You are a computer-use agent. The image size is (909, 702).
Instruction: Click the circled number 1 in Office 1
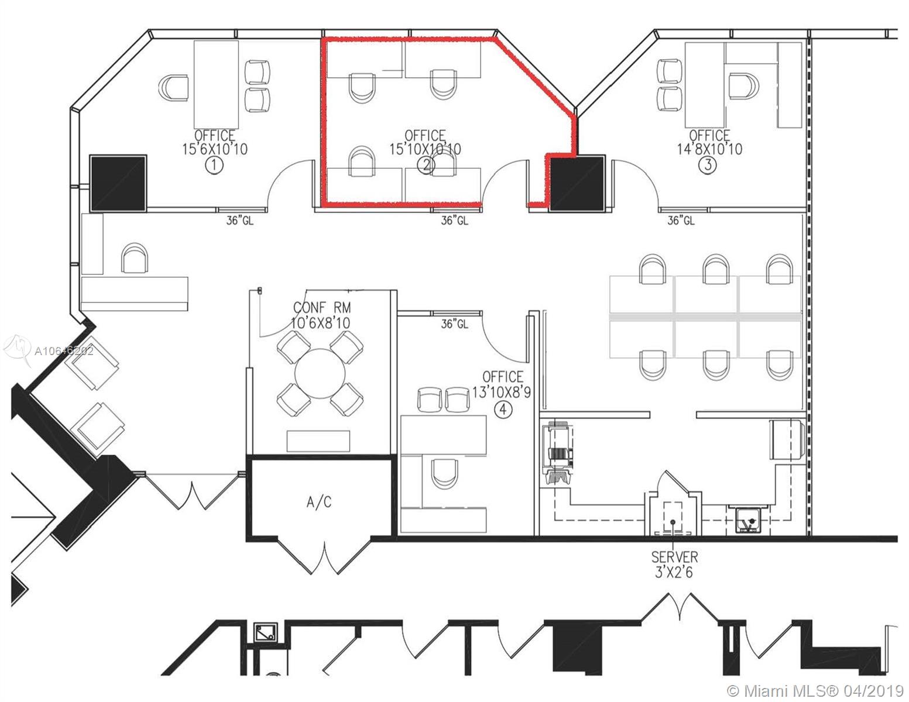pyautogui.click(x=214, y=166)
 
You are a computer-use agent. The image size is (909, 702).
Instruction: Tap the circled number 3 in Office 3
pyautogui.click(x=708, y=165)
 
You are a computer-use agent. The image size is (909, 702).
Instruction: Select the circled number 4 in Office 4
pyautogui.click(x=503, y=410)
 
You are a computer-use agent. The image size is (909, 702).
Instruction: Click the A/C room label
pyautogui.click(x=320, y=502)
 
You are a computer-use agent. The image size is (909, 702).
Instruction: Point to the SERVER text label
pyautogui.click(x=674, y=556)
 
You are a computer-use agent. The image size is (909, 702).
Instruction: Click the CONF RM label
pyautogui.click(x=322, y=308)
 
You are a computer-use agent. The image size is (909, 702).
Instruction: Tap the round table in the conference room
pyautogui.click(x=321, y=374)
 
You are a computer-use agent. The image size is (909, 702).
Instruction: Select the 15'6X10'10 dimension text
pyautogui.click(x=215, y=149)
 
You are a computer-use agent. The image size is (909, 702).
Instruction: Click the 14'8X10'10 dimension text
pyautogui.click(x=709, y=149)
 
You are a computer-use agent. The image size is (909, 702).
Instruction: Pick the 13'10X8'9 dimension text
pyautogui.click(x=502, y=393)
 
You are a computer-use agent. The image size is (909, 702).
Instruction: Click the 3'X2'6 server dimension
pyautogui.click(x=674, y=572)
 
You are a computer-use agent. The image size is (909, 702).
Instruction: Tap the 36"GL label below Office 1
pyautogui.click(x=240, y=221)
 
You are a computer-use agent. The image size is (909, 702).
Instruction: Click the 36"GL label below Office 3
pyautogui.click(x=681, y=221)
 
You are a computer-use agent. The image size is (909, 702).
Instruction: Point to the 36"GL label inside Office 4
pyautogui.click(x=455, y=324)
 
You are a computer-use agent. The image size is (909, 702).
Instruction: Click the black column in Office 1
pyautogui.click(x=118, y=183)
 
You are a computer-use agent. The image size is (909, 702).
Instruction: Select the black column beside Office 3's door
pyautogui.click(x=577, y=183)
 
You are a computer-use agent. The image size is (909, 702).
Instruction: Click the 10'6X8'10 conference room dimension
pyautogui.click(x=321, y=322)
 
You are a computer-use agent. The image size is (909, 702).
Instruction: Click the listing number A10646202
pyautogui.click(x=64, y=351)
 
